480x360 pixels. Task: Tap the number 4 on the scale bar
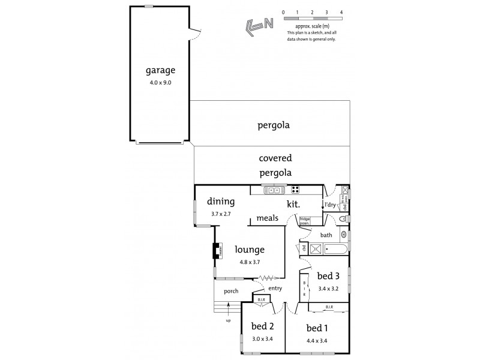click(x=341, y=11)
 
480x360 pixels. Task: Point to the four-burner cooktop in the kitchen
click(x=295, y=190)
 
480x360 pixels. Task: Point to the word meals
click(x=268, y=218)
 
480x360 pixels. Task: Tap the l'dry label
click(x=330, y=205)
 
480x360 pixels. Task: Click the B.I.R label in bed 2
click(x=260, y=299)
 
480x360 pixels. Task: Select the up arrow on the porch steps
click(x=228, y=308)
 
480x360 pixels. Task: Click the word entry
click(x=275, y=289)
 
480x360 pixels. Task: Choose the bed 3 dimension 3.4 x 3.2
click(x=329, y=288)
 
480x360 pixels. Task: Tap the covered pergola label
click(x=275, y=166)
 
